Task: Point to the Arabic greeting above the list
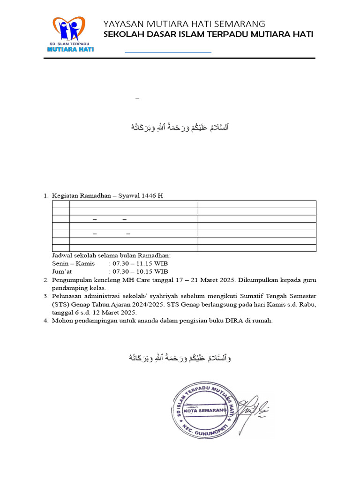coord(180,127)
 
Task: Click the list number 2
coord(46,280)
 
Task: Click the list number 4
coord(46,321)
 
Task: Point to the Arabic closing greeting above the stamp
coord(180,359)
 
